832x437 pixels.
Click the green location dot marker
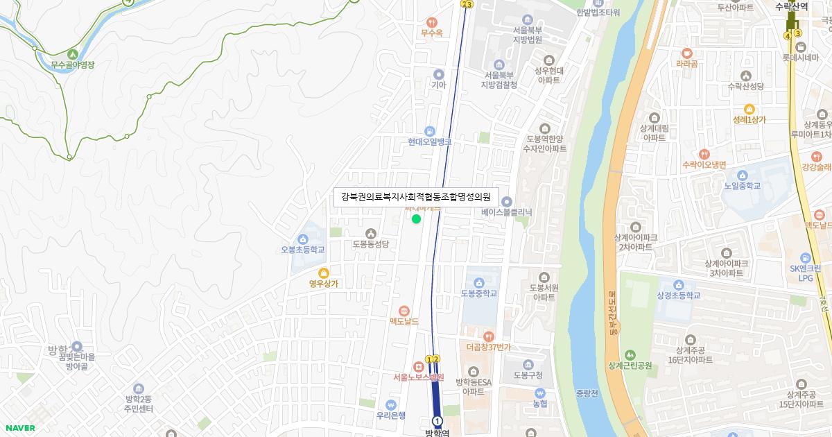(x=416, y=219)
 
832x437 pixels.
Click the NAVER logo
(x=19, y=428)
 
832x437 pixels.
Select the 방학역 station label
(x=437, y=432)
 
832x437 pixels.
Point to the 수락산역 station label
(x=792, y=6)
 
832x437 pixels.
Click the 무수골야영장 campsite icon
(x=72, y=53)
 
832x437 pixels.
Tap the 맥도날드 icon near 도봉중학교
(x=404, y=310)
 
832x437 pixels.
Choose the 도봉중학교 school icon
(x=479, y=282)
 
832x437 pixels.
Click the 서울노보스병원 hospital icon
(x=418, y=366)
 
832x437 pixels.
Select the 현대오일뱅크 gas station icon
(x=429, y=130)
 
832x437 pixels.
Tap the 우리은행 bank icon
(x=390, y=404)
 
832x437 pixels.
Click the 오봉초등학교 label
(x=303, y=250)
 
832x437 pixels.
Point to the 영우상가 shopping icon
(x=323, y=272)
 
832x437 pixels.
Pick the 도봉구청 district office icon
(x=528, y=365)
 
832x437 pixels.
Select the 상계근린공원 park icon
(x=630, y=354)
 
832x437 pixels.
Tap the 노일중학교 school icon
(x=743, y=175)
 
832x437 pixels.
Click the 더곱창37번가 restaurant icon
(x=488, y=336)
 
